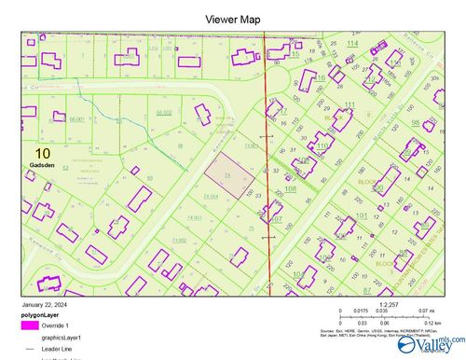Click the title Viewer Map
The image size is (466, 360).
coord(232,19)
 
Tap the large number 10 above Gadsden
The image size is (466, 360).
coord(42,152)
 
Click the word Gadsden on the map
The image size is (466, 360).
coord(42,165)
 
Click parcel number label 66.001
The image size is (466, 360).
coord(77,119)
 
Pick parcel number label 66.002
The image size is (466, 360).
coord(164,113)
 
